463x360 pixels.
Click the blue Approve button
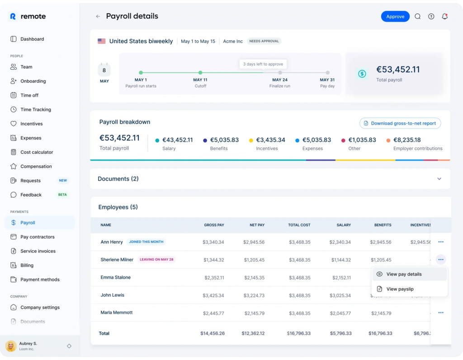click(x=395, y=17)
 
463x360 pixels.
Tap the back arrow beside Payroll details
click(x=98, y=17)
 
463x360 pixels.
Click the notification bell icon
click(x=444, y=17)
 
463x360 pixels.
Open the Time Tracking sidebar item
click(x=35, y=109)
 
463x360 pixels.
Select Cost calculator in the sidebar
click(x=37, y=152)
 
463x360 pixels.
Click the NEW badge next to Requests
click(x=63, y=180)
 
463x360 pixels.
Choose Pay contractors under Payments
click(x=37, y=237)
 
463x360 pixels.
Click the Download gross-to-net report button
click(x=400, y=123)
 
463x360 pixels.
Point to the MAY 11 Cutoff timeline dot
click(x=200, y=72)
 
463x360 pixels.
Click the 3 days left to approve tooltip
click(x=263, y=64)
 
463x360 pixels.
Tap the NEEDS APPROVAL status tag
click(x=264, y=41)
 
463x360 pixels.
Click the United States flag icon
click(x=102, y=41)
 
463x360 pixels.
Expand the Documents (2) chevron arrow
click(x=439, y=179)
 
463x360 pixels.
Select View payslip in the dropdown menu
click(x=400, y=289)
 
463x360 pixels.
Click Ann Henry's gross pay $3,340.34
click(x=213, y=242)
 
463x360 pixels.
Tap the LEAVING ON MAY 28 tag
click(x=156, y=260)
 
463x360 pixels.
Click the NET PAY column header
click(x=257, y=225)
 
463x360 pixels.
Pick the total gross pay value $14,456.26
click(x=213, y=333)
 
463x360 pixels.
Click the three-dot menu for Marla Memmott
click(x=441, y=313)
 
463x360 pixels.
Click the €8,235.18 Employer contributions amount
click(x=407, y=140)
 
